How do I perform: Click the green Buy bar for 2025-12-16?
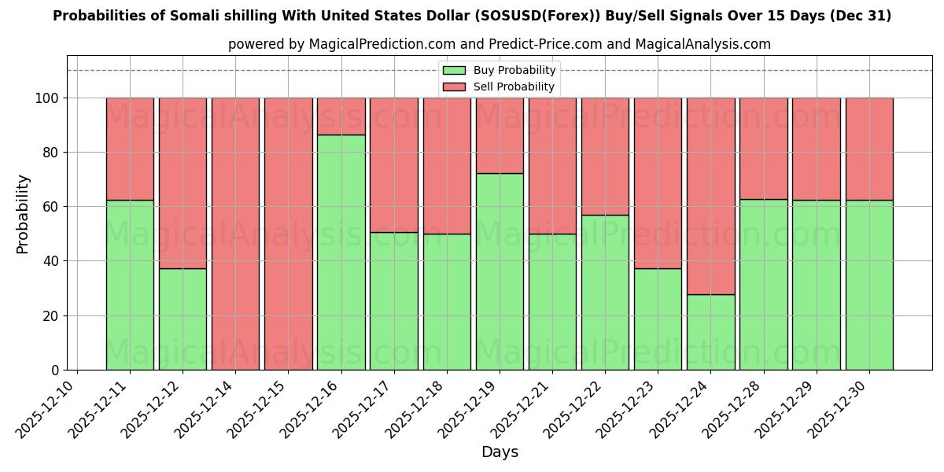coord(341,252)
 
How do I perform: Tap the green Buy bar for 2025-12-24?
coord(710,332)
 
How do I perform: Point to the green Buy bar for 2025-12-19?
coord(500,271)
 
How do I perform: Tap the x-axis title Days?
coord(500,452)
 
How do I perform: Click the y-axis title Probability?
coord(23,213)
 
